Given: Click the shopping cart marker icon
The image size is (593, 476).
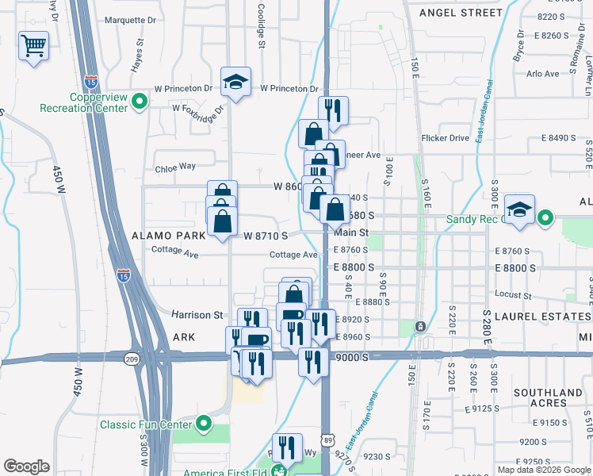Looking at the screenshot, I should click(33, 46).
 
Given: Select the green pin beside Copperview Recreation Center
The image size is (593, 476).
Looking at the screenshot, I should click(140, 102).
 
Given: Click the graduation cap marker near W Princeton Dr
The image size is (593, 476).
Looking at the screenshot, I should click(235, 83).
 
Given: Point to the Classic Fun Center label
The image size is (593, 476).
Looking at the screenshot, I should click(146, 424).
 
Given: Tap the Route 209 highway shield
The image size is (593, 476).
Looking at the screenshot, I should click(131, 359).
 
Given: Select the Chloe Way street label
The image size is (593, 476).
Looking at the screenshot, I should click(175, 167).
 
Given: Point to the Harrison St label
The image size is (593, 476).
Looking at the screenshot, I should click(197, 315).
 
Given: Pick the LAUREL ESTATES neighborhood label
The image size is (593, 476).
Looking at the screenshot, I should click(538, 316).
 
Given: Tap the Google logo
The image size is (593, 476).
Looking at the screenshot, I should click(27, 466).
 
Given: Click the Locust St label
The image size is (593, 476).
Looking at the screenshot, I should click(512, 294).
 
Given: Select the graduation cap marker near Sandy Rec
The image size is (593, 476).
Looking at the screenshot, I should click(519, 210).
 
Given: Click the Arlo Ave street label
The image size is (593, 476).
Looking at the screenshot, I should click(543, 74).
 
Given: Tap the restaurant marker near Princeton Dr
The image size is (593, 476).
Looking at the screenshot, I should click(333, 111).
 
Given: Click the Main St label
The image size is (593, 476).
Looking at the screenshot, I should click(351, 232).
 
